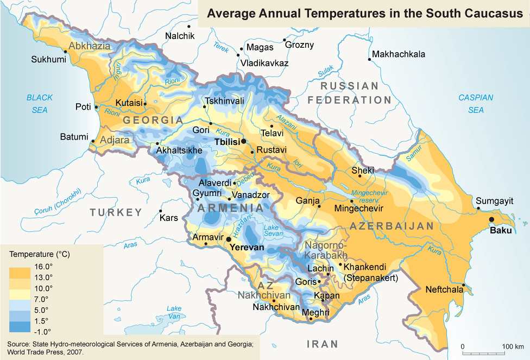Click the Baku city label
[x=501, y=230]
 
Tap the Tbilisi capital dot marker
[x=244, y=141]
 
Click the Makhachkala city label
[x=399, y=54]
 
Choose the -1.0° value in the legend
[x=42, y=331]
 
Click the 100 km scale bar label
[x=512, y=346]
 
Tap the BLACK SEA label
[x=40, y=104]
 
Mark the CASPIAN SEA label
[x=476, y=104]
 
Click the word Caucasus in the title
[x=493, y=14]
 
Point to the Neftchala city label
[x=445, y=289]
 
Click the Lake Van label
[x=174, y=312]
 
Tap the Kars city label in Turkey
[x=169, y=218]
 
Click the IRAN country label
[x=323, y=344]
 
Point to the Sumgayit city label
[x=494, y=201]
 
